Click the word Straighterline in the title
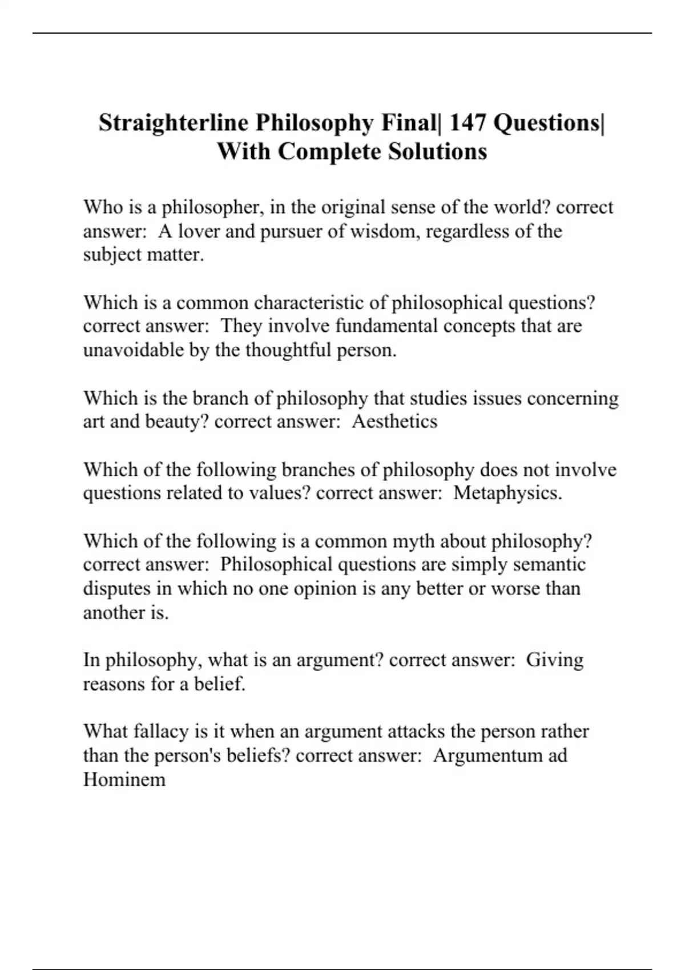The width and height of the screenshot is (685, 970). [x=173, y=123]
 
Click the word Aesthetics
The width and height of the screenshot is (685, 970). [x=394, y=422]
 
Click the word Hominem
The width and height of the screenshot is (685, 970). [x=124, y=779]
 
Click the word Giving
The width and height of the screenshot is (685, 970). [x=554, y=660]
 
